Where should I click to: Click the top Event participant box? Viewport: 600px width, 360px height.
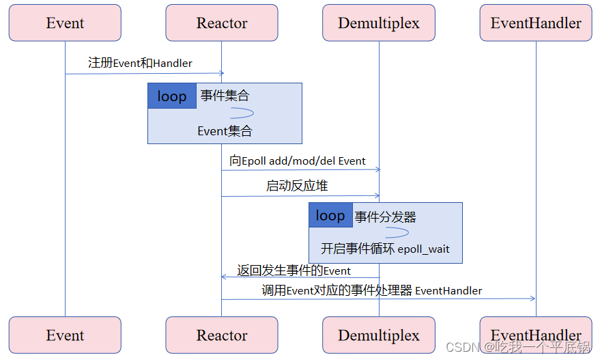click(65, 23)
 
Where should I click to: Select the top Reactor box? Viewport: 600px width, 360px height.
click(221, 23)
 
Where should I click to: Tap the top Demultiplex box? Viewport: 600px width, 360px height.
click(379, 23)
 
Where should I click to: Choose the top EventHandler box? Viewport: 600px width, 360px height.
click(536, 23)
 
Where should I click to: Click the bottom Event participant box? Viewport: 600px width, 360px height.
click(65, 335)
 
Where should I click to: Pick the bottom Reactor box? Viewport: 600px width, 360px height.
click(221, 335)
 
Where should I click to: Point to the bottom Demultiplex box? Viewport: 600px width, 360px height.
click(379, 335)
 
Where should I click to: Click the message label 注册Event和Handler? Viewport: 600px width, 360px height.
click(140, 63)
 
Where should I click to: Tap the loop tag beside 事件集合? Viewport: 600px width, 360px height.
click(172, 96)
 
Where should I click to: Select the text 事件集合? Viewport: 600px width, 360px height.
click(225, 96)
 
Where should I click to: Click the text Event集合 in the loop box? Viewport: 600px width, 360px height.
click(225, 131)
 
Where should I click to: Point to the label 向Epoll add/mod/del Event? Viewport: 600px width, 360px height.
click(298, 161)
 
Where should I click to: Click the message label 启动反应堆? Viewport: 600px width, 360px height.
click(298, 186)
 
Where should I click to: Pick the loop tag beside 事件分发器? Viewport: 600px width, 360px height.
click(330, 215)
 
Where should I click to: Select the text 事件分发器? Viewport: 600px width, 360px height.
click(385, 217)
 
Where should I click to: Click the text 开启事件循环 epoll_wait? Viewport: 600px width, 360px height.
click(385, 249)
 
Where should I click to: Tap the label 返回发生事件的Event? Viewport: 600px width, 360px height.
click(294, 271)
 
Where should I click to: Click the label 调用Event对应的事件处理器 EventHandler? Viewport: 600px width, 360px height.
click(372, 290)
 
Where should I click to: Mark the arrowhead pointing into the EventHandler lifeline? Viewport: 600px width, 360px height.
click(532, 299)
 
